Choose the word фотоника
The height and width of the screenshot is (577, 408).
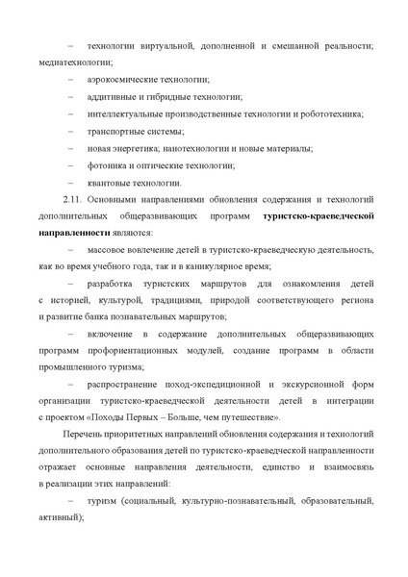click(105, 165)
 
